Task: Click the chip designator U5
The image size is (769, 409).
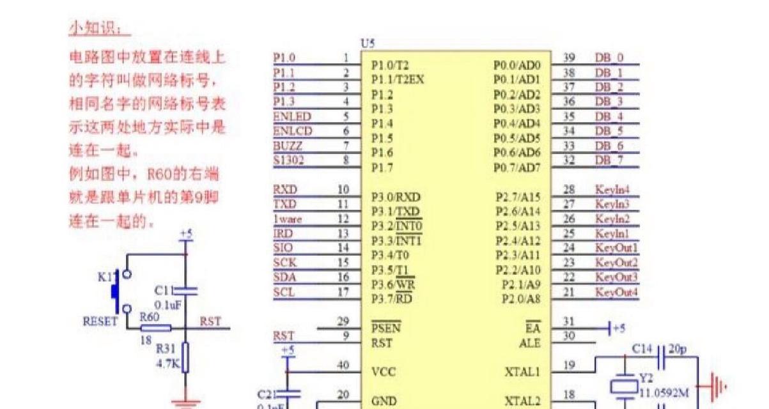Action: point(368,43)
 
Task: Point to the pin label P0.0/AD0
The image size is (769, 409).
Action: point(517,65)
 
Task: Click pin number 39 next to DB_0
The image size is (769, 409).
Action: point(569,58)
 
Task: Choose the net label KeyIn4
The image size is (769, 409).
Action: point(612,190)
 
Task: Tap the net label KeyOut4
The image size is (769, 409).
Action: point(617,293)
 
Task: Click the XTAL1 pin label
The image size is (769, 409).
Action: point(522,371)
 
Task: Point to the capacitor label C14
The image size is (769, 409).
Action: point(642,349)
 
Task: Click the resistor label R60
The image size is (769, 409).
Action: point(149,317)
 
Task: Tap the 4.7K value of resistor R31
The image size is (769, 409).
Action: point(167,363)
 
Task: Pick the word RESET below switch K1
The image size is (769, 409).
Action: point(100,321)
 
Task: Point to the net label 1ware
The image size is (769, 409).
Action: point(288,219)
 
